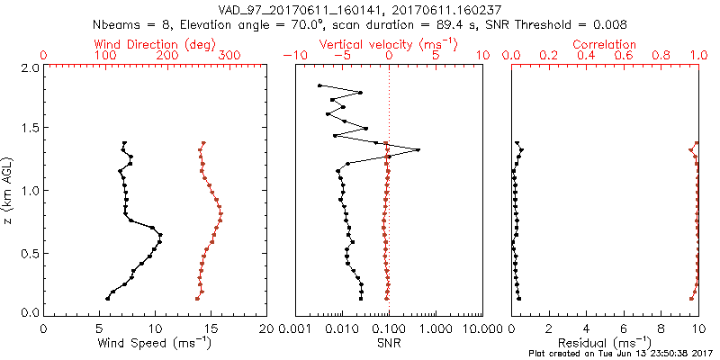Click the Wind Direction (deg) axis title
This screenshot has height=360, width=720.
(x=154, y=44)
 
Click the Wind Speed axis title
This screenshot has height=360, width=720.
(x=155, y=343)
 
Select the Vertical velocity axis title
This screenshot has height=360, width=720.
(x=387, y=44)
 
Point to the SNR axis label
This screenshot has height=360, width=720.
(x=388, y=343)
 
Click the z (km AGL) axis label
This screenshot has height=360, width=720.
(x=8, y=190)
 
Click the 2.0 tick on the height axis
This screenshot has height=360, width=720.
(x=28, y=67)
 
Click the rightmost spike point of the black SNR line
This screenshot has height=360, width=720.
(x=418, y=149)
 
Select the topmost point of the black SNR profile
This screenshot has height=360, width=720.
(x=319, y=85)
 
